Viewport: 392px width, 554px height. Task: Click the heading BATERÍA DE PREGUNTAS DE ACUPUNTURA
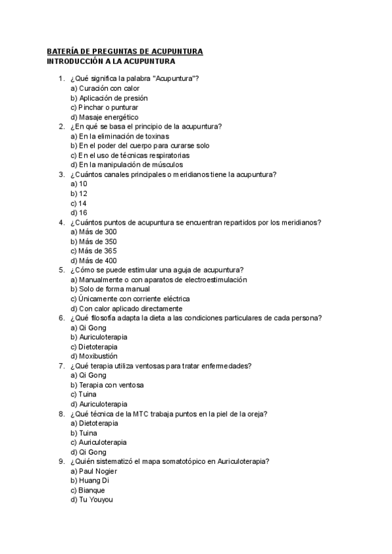coord(125,52)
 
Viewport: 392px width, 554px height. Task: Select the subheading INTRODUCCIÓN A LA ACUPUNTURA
coord(110,61)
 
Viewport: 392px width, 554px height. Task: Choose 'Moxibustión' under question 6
coord(98,356)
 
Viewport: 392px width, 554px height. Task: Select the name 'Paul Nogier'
coord(95,471)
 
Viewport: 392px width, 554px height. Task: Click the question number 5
coord(61,270)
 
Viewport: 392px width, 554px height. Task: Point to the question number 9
coord(61,461)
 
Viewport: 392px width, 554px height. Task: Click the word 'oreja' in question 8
coord(257,414)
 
